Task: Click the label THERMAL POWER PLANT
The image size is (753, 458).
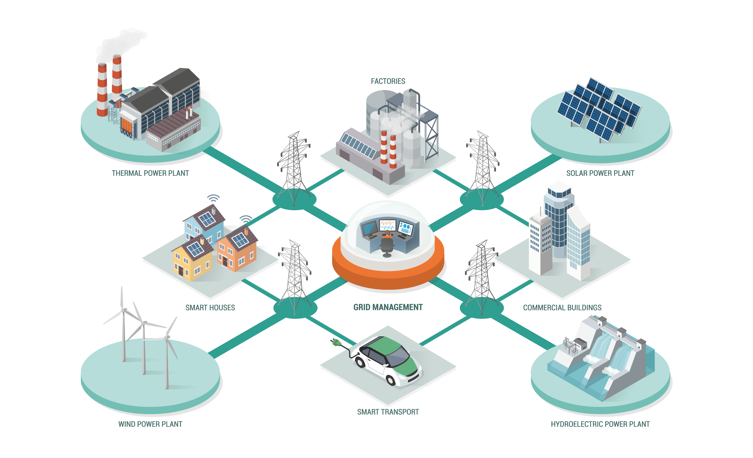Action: pos(150,173)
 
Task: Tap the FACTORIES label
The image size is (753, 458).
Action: pos(388,81)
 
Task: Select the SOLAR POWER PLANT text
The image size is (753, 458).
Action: pos(600,173)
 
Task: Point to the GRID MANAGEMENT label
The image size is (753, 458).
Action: pos(388,307)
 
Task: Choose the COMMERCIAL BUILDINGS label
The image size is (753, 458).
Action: pos(562,308)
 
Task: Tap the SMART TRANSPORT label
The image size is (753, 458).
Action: pos(388,412)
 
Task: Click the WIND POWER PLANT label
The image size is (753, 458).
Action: pos(150,424)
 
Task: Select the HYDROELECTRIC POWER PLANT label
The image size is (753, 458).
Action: pos(600,424)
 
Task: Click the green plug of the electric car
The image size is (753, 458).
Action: pos(336,343)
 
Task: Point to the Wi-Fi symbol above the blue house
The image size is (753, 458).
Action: pos(213,198)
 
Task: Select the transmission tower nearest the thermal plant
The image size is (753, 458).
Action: pos(294,168)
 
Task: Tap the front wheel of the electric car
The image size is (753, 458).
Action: pos(391,380)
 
